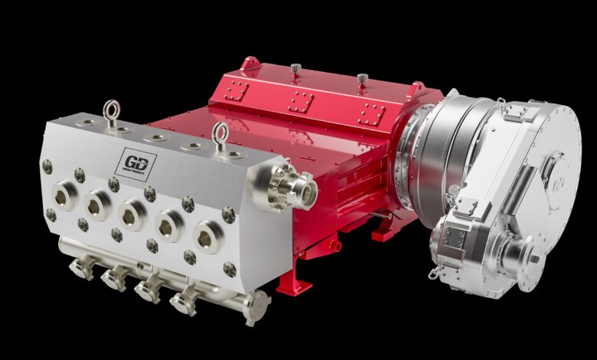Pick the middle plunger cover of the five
(132, 215)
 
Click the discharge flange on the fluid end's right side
(292, 185)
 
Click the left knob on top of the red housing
(294, 70)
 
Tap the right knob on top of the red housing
(362, 78)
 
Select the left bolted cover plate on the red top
(235, 93)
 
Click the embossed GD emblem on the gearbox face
(557, 182)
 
